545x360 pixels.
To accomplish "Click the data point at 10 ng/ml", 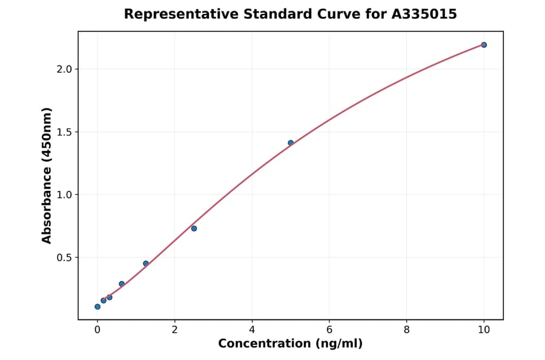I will (484, 45).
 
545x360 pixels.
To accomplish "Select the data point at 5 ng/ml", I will (291, 143).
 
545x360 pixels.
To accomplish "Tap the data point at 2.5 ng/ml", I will (194, 228).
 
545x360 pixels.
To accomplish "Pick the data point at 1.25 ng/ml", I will (146, 264).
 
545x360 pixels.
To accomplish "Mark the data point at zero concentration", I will (97, 307).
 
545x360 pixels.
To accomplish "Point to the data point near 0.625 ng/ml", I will (122, 284).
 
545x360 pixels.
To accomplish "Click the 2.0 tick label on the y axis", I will (64, 69).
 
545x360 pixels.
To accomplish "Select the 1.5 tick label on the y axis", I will (64, 132).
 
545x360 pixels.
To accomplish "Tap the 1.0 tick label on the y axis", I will (64, 195).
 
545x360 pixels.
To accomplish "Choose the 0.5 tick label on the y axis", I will (64, 258).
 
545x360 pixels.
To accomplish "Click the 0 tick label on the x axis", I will (97, 330).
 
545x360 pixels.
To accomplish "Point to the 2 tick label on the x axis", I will (174, 330).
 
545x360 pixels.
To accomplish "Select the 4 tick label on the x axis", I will (252, 330).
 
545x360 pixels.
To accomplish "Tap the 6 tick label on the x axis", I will (329, 330).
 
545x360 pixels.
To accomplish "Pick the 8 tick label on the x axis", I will (406, 330).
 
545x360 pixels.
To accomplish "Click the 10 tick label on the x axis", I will (484, 330).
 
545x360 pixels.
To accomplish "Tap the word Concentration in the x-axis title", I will (265, 344).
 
